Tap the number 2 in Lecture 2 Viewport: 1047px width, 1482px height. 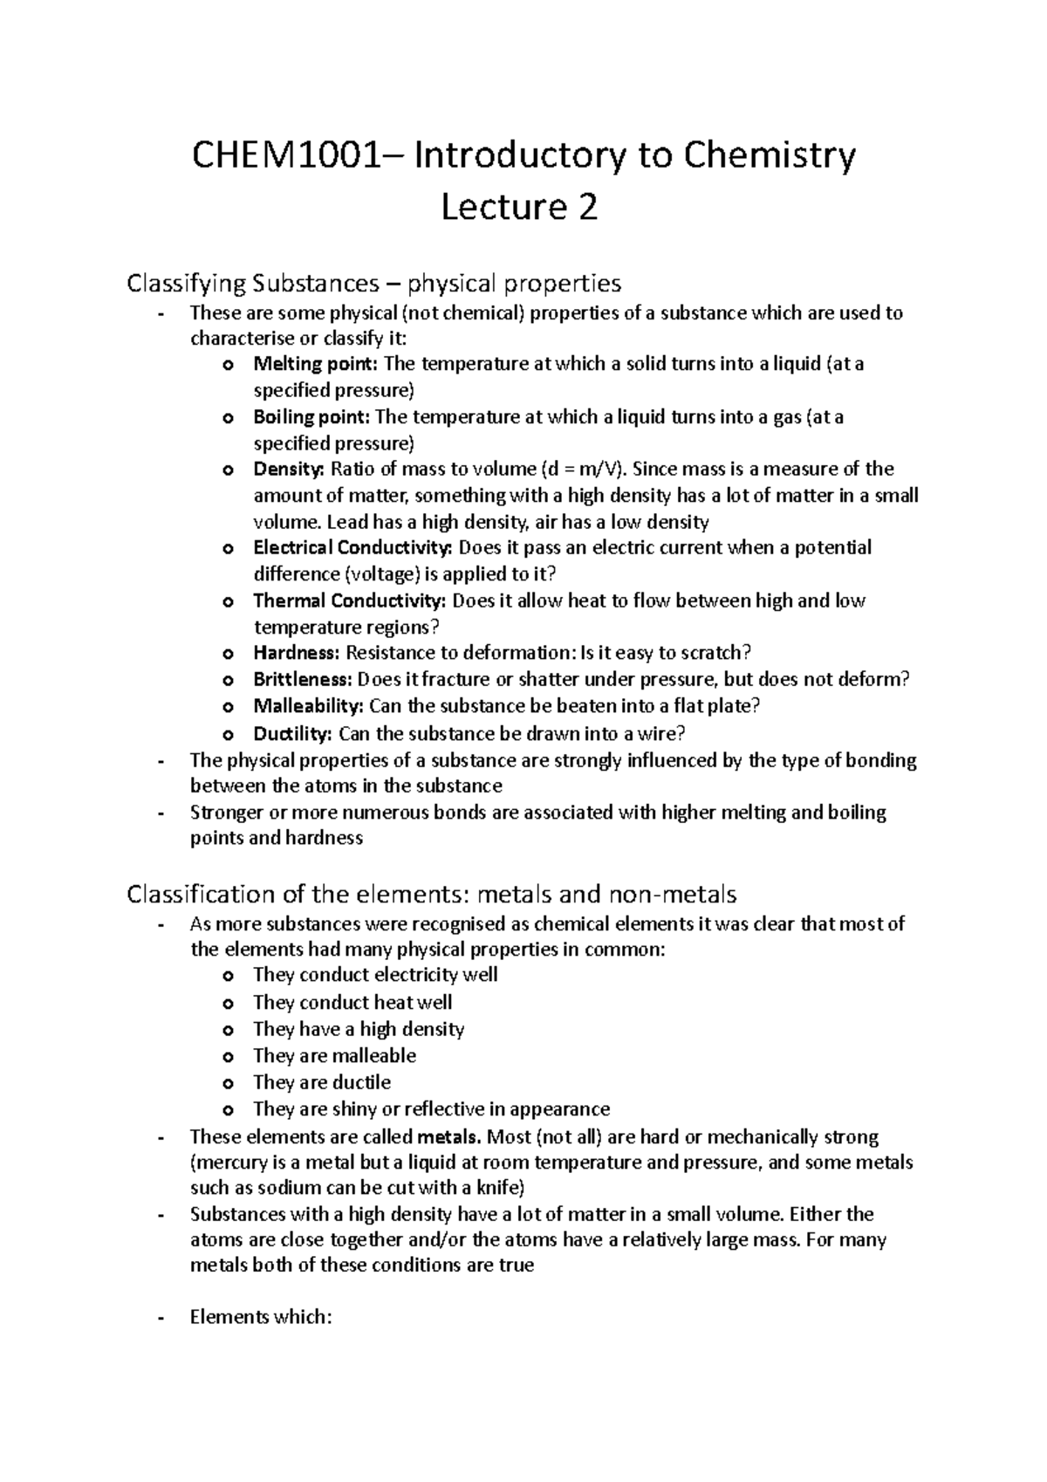pos(587,209)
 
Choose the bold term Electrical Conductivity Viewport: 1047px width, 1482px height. pos(352,548)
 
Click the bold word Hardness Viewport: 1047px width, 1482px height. pos(297,653)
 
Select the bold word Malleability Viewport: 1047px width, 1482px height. pos(307,705)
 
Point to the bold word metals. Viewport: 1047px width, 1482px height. pos(449,1137)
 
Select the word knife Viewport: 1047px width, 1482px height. pos(496,1188)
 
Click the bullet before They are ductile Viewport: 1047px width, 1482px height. pos(229,1084)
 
